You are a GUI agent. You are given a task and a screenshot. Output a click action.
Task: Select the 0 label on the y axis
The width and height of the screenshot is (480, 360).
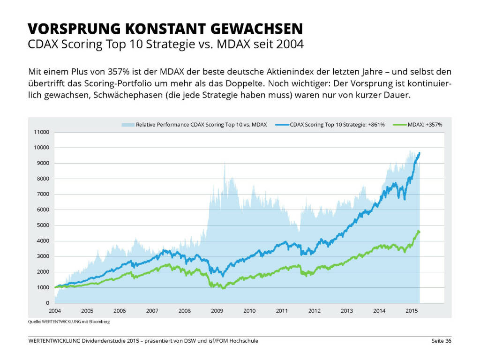click(48, 303)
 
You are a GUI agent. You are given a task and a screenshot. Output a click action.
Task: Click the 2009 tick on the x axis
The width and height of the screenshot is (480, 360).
click(217, 311)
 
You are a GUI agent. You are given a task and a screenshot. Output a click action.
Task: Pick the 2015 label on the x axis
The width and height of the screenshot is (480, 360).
click(412, 311)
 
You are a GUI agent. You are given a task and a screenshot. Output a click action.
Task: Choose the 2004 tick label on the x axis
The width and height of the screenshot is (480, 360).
click(54, 311)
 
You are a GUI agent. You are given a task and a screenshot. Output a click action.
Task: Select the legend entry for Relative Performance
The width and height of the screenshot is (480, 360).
click(201, 125)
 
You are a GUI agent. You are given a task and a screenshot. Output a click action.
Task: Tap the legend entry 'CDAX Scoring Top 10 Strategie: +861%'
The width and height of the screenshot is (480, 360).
click(337, 125)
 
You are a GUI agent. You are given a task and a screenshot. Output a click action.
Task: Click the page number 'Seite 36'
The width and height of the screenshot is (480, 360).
click(441, 341)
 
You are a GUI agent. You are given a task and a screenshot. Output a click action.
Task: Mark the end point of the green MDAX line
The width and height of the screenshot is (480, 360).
click(419, 232)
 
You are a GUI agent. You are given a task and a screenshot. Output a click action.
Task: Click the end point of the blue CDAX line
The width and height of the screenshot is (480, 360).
click(420, 153)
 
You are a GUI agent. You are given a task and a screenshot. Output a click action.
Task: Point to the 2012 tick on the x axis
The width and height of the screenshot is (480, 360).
click(314, 311)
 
